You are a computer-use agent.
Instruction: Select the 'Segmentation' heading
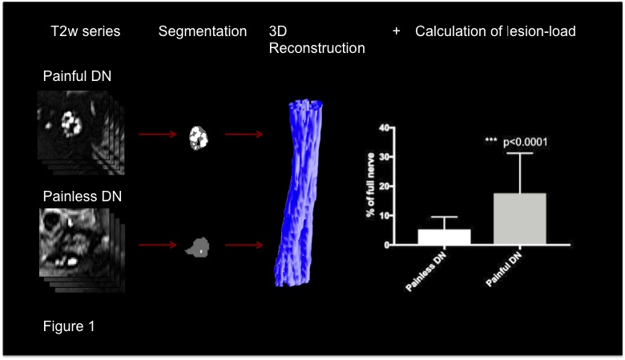(202, 32)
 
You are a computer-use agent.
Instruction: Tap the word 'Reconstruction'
(317, 48)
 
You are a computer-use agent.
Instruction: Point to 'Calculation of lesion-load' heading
(495, 32)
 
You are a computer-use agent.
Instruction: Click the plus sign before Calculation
(396, 31)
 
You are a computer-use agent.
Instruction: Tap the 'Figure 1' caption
(71, 326)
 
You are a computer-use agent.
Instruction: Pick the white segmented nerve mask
(198, 137)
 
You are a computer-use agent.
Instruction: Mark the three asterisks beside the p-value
(491, 141)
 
